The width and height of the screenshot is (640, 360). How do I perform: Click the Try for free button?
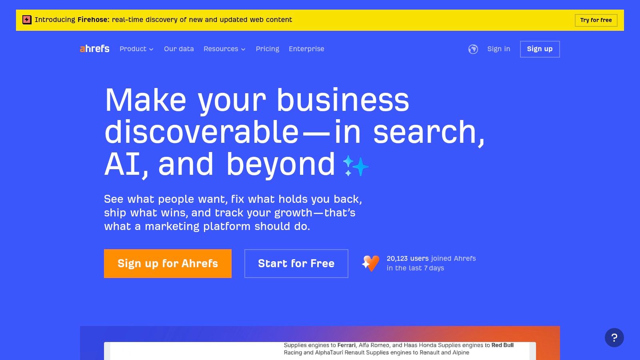(596, 20)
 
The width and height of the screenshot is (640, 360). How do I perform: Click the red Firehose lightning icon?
(27, 20)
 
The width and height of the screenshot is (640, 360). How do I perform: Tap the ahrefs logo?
(94, 49)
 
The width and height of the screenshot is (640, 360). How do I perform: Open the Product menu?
(136, 49)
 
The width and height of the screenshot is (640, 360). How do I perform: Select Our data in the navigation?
(179, 49)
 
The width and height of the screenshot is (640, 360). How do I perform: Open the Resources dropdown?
(224, 49)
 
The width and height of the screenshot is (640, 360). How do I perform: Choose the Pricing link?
(268, 49)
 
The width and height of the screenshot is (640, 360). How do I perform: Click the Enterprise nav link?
(306, 49)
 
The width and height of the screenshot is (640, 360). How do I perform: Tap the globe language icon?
(473, 49)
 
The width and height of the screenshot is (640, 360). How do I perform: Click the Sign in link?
(498, 49)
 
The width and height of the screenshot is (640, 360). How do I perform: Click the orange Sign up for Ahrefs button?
(168, 264)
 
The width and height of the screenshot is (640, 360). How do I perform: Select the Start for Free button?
(296, 264)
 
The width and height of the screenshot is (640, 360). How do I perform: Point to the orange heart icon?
(370, 263)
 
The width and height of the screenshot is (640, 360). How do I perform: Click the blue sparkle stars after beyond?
(356, 166)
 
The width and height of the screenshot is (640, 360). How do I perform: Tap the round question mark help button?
(614, 338)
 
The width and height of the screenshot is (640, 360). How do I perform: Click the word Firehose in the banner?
(93, 20)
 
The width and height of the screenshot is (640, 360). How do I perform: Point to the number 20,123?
(397, 258)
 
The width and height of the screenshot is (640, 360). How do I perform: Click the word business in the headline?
(343, 100)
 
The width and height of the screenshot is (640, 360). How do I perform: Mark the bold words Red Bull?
(502, 345)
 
